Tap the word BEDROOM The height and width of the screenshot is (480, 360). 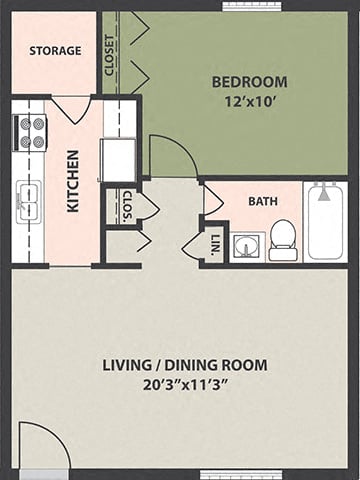(x=249, y=82)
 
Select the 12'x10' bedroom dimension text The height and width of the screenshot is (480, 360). (x=249, y=100)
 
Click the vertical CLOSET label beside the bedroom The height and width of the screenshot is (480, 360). (x=109, y=54)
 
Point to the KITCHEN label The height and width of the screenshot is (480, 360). (x=73, y=181)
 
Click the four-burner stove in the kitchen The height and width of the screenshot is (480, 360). (x=29, y=132)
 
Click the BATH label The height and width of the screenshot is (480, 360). (x=262, y=200)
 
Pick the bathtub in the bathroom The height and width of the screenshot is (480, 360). (x=326, y=221)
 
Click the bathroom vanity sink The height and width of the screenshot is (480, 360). (x=246, y=246)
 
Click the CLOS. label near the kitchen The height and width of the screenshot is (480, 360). (x=127, y=204)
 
